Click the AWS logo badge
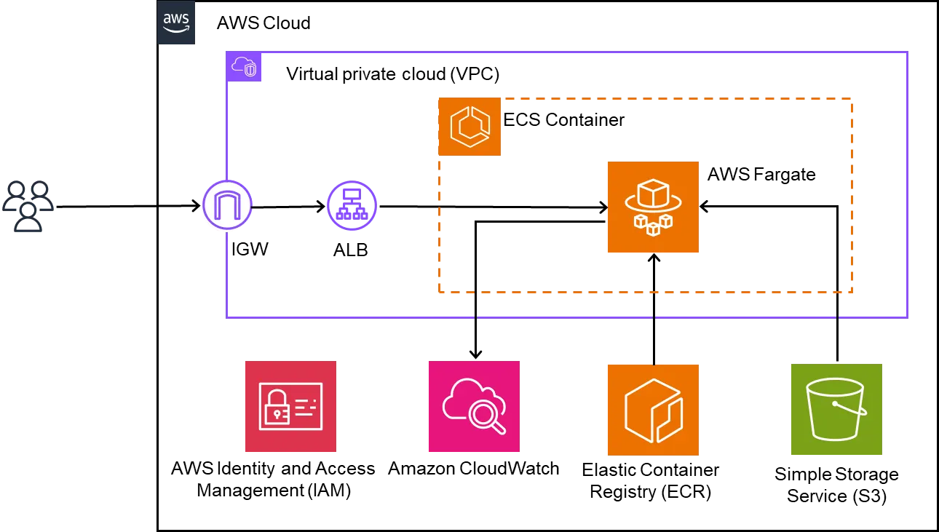coord(177,23)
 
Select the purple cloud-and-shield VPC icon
coord(244,67)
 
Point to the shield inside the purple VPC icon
coord(250,71)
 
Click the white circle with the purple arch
coord(226,206)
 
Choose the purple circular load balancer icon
coord(352,206)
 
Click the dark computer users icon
coord(28,206)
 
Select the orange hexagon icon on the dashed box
coord(469,127)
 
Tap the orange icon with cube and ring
coord(652,207)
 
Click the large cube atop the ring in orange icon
coord(652,194)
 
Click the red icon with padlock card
coord(290,408)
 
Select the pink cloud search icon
coord(474,408)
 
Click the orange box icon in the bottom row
coord(652,410)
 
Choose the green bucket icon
coord(836,410)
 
